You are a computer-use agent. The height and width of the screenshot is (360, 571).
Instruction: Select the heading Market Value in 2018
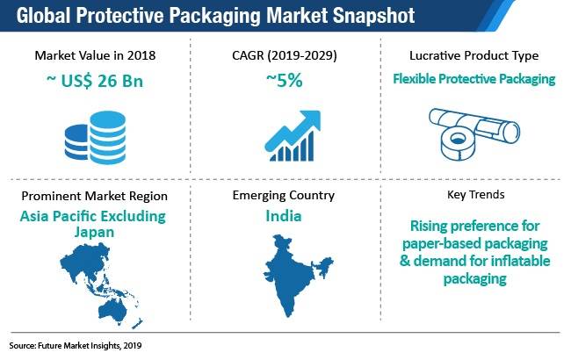(x=95, y=55)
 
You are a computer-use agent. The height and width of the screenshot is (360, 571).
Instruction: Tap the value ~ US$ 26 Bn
(x=95, y=81)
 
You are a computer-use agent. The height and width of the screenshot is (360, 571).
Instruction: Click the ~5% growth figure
(x=285, y=81)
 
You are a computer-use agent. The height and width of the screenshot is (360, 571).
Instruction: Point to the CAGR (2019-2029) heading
(x=285, y=55)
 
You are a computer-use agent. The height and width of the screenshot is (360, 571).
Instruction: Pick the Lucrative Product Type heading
(x=473, y=55)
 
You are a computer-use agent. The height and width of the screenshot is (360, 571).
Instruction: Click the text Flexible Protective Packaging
(x=473, y=79)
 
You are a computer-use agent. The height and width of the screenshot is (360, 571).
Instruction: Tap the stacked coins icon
(x=95, y=138)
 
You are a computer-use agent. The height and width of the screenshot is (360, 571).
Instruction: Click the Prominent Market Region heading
(x=94, y=196)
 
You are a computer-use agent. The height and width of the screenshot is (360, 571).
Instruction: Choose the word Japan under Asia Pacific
(x=94, y=232)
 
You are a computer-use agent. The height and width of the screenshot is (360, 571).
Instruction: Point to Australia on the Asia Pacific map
(x=112, y=311)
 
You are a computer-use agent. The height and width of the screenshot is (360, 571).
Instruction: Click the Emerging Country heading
(x=284, y=195)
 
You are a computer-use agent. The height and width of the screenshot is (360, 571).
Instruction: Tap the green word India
(x=284, y=216)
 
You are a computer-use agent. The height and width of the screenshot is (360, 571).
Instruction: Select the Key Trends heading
(x=475, y=194)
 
